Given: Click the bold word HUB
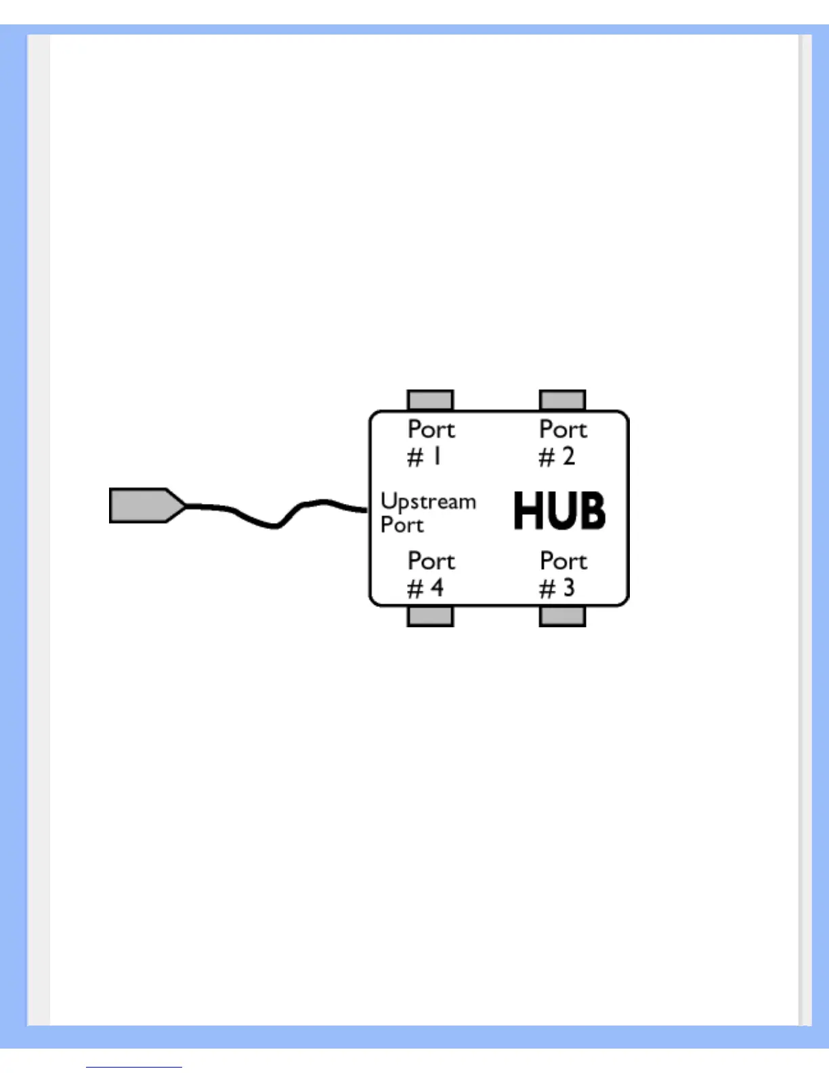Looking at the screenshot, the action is tap(559, 511).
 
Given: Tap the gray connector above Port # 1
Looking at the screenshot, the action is tap(430, 400).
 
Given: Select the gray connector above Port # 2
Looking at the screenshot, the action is tap(562, 400).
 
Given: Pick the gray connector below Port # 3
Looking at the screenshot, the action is tap(562, 616).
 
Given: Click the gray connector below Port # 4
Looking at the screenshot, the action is tap(430, 616).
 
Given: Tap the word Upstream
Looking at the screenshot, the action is tap(428, 502).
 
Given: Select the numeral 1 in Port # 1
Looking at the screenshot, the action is tap(438, 457).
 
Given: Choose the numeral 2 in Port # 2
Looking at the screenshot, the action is tap(568, 457).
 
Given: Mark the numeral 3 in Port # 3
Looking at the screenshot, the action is tap(568, 588).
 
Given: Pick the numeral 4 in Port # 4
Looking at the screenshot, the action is tap(437, 588).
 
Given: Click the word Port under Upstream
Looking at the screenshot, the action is tap(402, 525).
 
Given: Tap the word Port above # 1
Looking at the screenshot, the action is tap(431, 429).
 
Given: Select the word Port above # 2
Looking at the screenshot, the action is tap(563, 429).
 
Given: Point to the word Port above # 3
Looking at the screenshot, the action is tap(564, 561).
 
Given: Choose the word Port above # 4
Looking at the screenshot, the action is tap(431, 561).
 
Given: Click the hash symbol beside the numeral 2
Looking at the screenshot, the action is tap(547, 458).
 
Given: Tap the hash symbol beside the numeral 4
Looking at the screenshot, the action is tap(415, 589).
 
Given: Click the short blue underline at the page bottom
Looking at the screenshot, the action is tap(134, 1068).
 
